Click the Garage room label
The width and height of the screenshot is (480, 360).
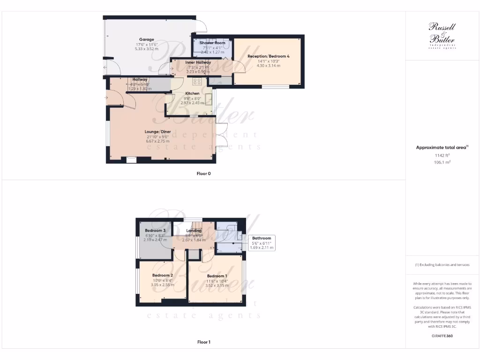click(147, 39)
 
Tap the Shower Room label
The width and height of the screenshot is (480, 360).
click(212, 43)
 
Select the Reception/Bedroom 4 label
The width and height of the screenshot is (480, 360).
click(269, 56)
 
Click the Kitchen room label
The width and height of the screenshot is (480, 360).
click(192, 93)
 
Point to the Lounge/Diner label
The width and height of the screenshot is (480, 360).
click(158, 132)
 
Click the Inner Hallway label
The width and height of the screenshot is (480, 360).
click(198, 62)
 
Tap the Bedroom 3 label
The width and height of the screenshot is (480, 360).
click(155, 231)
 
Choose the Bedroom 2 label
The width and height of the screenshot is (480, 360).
click(163, 275)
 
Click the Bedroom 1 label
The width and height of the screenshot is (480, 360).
click(217, 276)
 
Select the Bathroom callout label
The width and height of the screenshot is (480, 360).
click(262, 238)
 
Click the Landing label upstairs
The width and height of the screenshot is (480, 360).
click(194, 231)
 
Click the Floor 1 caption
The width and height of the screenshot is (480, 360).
click(203, 342)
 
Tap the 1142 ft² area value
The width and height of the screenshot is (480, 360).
click(442, 155)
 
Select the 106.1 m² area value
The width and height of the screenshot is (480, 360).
click(442, 162)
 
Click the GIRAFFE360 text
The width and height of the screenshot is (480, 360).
click(442, 336)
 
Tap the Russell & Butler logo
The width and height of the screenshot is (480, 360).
click(442, 35)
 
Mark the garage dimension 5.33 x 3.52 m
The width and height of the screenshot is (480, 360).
click(147, 49)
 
